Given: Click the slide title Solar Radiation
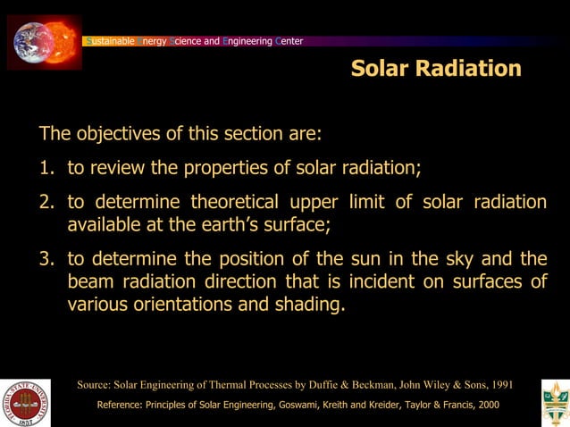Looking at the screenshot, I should (436, 69).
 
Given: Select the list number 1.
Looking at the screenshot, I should (46, 168).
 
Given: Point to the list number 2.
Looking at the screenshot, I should (46, 202).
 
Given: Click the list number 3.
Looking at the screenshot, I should (46, 259).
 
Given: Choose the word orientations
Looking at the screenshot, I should (197, 304).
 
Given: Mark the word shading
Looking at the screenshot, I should (310, 304).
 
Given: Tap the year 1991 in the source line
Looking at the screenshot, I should (498, 385).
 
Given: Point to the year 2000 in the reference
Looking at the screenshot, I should (485, 405).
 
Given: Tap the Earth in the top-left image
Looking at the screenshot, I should (33, 41).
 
